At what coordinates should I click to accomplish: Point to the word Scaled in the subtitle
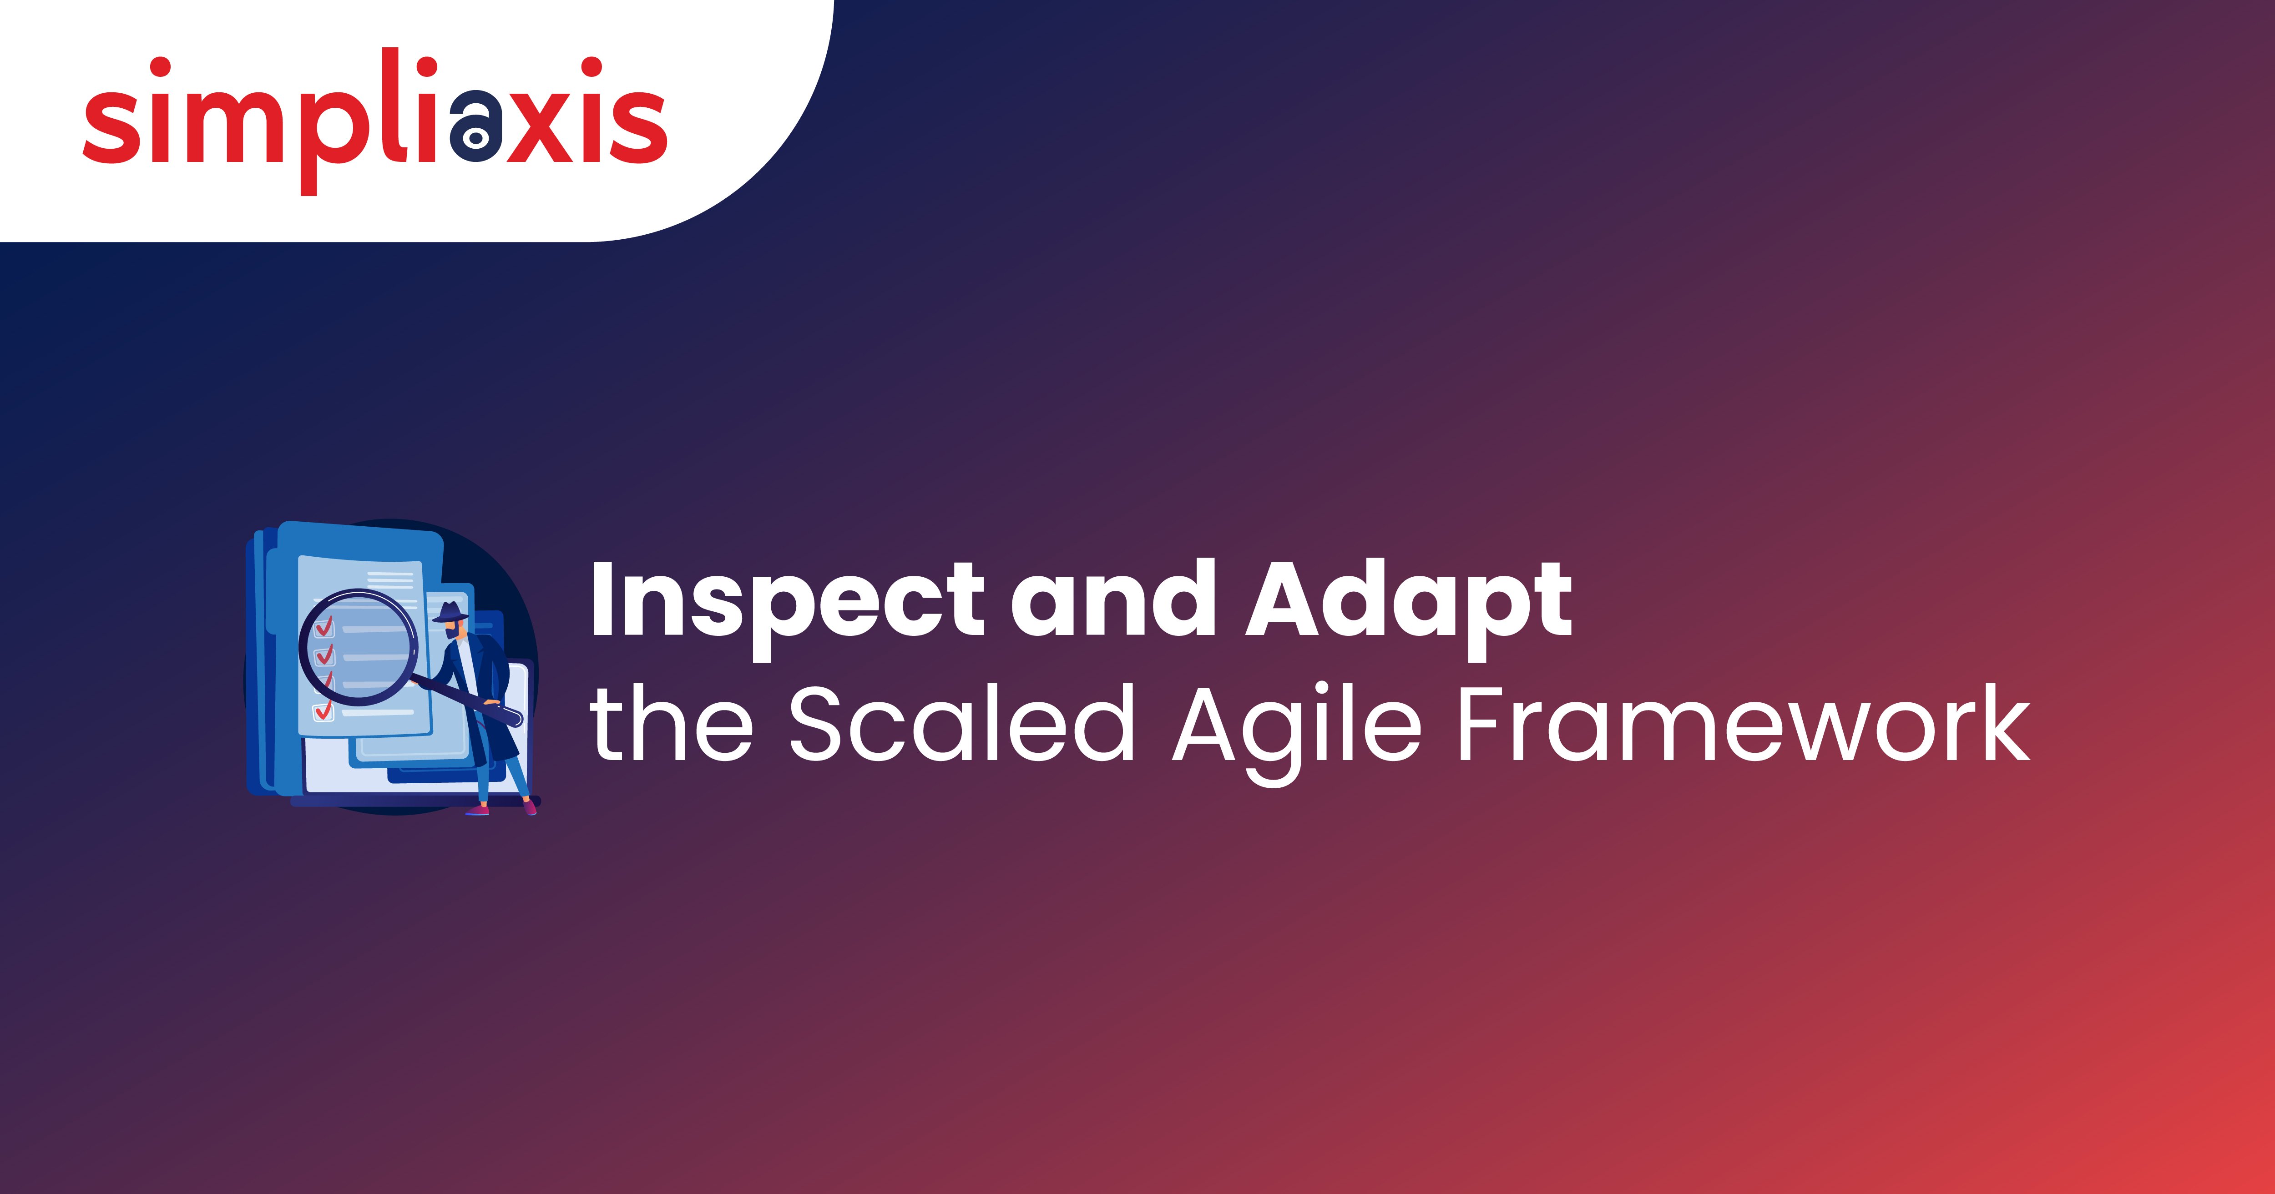(961, 724)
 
